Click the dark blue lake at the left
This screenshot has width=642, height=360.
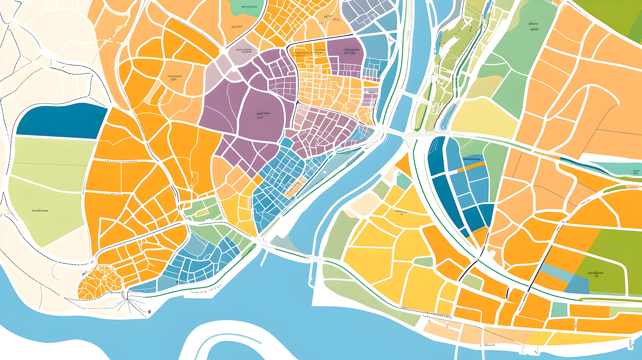61,120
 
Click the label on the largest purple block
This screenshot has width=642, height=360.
263,115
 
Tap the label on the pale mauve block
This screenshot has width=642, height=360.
244,51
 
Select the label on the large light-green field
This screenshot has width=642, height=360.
40,211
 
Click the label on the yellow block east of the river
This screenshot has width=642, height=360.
401,212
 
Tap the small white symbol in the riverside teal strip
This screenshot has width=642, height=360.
325,172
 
